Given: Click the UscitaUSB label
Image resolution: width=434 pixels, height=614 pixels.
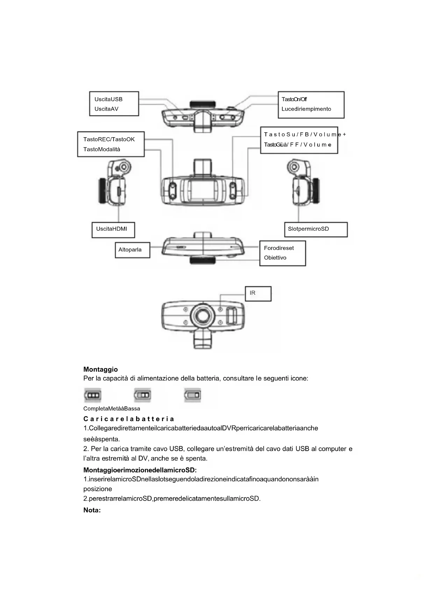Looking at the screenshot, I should pyautogui.click(x=108, y=99).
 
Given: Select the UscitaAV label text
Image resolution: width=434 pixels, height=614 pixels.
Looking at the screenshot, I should pyautogui.click(x=106, y=109).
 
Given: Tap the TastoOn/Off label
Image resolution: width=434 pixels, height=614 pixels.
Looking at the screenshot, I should pyautogui.click(x=294, y=99).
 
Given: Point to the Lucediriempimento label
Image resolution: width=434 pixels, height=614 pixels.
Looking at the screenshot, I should pyautogui.click(x=306, y=109).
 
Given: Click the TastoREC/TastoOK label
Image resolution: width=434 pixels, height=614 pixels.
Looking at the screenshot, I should pyautogui.click(x=109, y=139).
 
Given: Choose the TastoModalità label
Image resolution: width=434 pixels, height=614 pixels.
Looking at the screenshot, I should pyautogui.click(x=101, y=149).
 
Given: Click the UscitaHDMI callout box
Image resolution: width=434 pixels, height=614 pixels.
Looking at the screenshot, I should pyautogui.click(x=113, y=230).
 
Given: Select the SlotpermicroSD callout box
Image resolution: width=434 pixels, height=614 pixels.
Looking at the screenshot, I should pyautogui.click(x=315, y=230).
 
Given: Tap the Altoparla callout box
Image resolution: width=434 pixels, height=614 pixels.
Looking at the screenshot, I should pyautogui.click(x=132, y=250).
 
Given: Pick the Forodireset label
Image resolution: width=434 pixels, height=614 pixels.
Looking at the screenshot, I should pyautogui.click(x=279, y=248).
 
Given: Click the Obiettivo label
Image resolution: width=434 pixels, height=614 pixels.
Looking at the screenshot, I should pyautogui.click(x=275, y=258).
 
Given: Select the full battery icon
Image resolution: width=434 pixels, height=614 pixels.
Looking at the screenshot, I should pyautogui.click(x=93, y=396).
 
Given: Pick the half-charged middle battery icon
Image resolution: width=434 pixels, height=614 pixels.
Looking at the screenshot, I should pyautogui.click(x=143, y=396).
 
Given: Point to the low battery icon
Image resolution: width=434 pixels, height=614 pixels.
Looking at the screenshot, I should pyautogui.click(x=193, y=396).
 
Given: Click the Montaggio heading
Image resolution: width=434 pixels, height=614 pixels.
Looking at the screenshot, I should pyautogui.click(x=100, y=369).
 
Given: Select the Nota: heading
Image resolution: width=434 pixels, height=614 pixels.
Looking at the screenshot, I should pyautogui.click(x=92, y=510).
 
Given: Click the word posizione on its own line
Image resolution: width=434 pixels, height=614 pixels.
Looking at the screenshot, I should pyautogui.click(x=98, y=489).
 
